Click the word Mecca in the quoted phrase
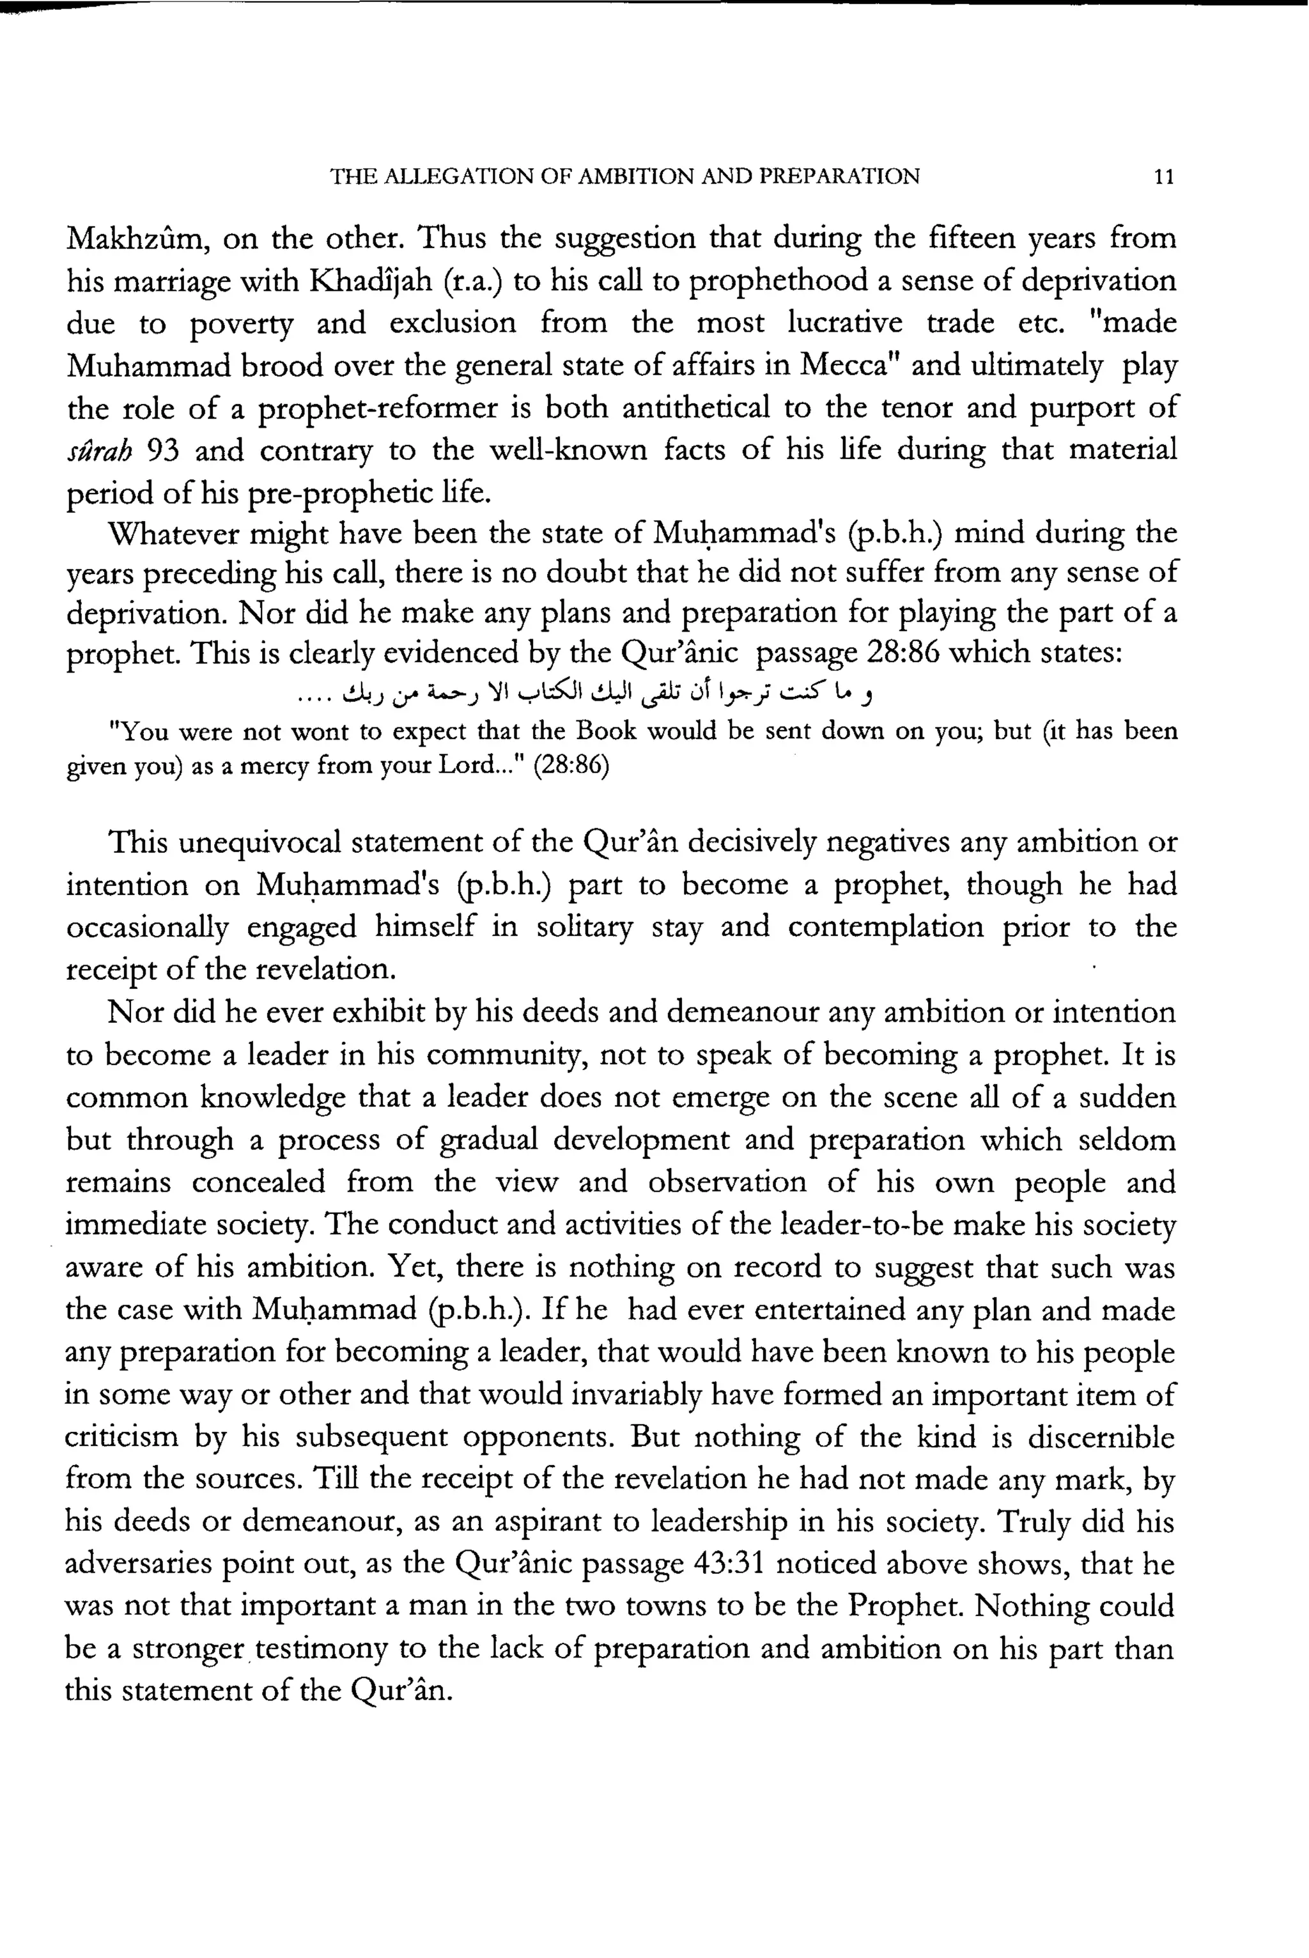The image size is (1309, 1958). [850, 366]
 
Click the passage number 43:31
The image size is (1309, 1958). [729, 1563]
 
